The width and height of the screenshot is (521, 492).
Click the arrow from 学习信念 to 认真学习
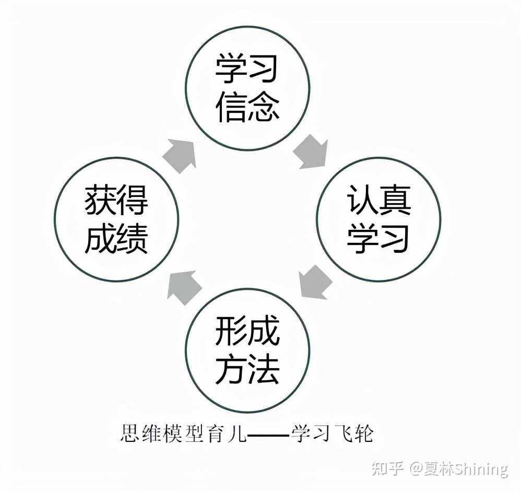pyautogui.click(x=311, y=153)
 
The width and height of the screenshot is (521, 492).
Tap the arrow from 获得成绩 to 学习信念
pyautogui.click(x=180, y=156)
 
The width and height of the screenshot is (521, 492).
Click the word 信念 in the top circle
pyautogui.click(x=247, y=107)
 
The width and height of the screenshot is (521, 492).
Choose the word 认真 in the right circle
pyautogui.click(x=379, y=199)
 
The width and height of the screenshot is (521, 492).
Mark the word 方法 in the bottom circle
pyautogui.click(x=247, y=369)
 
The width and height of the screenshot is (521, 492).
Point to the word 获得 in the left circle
pyautogui.click(x=116, y=200)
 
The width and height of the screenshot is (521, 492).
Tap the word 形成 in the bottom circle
pyautogui.click(x=247, y=330)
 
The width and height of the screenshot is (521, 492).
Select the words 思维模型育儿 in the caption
pyautogui.click(x=183, y=433)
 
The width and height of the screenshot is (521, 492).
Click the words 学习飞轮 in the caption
pyautogui.click(x=332, y=433)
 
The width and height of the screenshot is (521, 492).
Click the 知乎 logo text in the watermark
pyautogui.click(x=387, y=468)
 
